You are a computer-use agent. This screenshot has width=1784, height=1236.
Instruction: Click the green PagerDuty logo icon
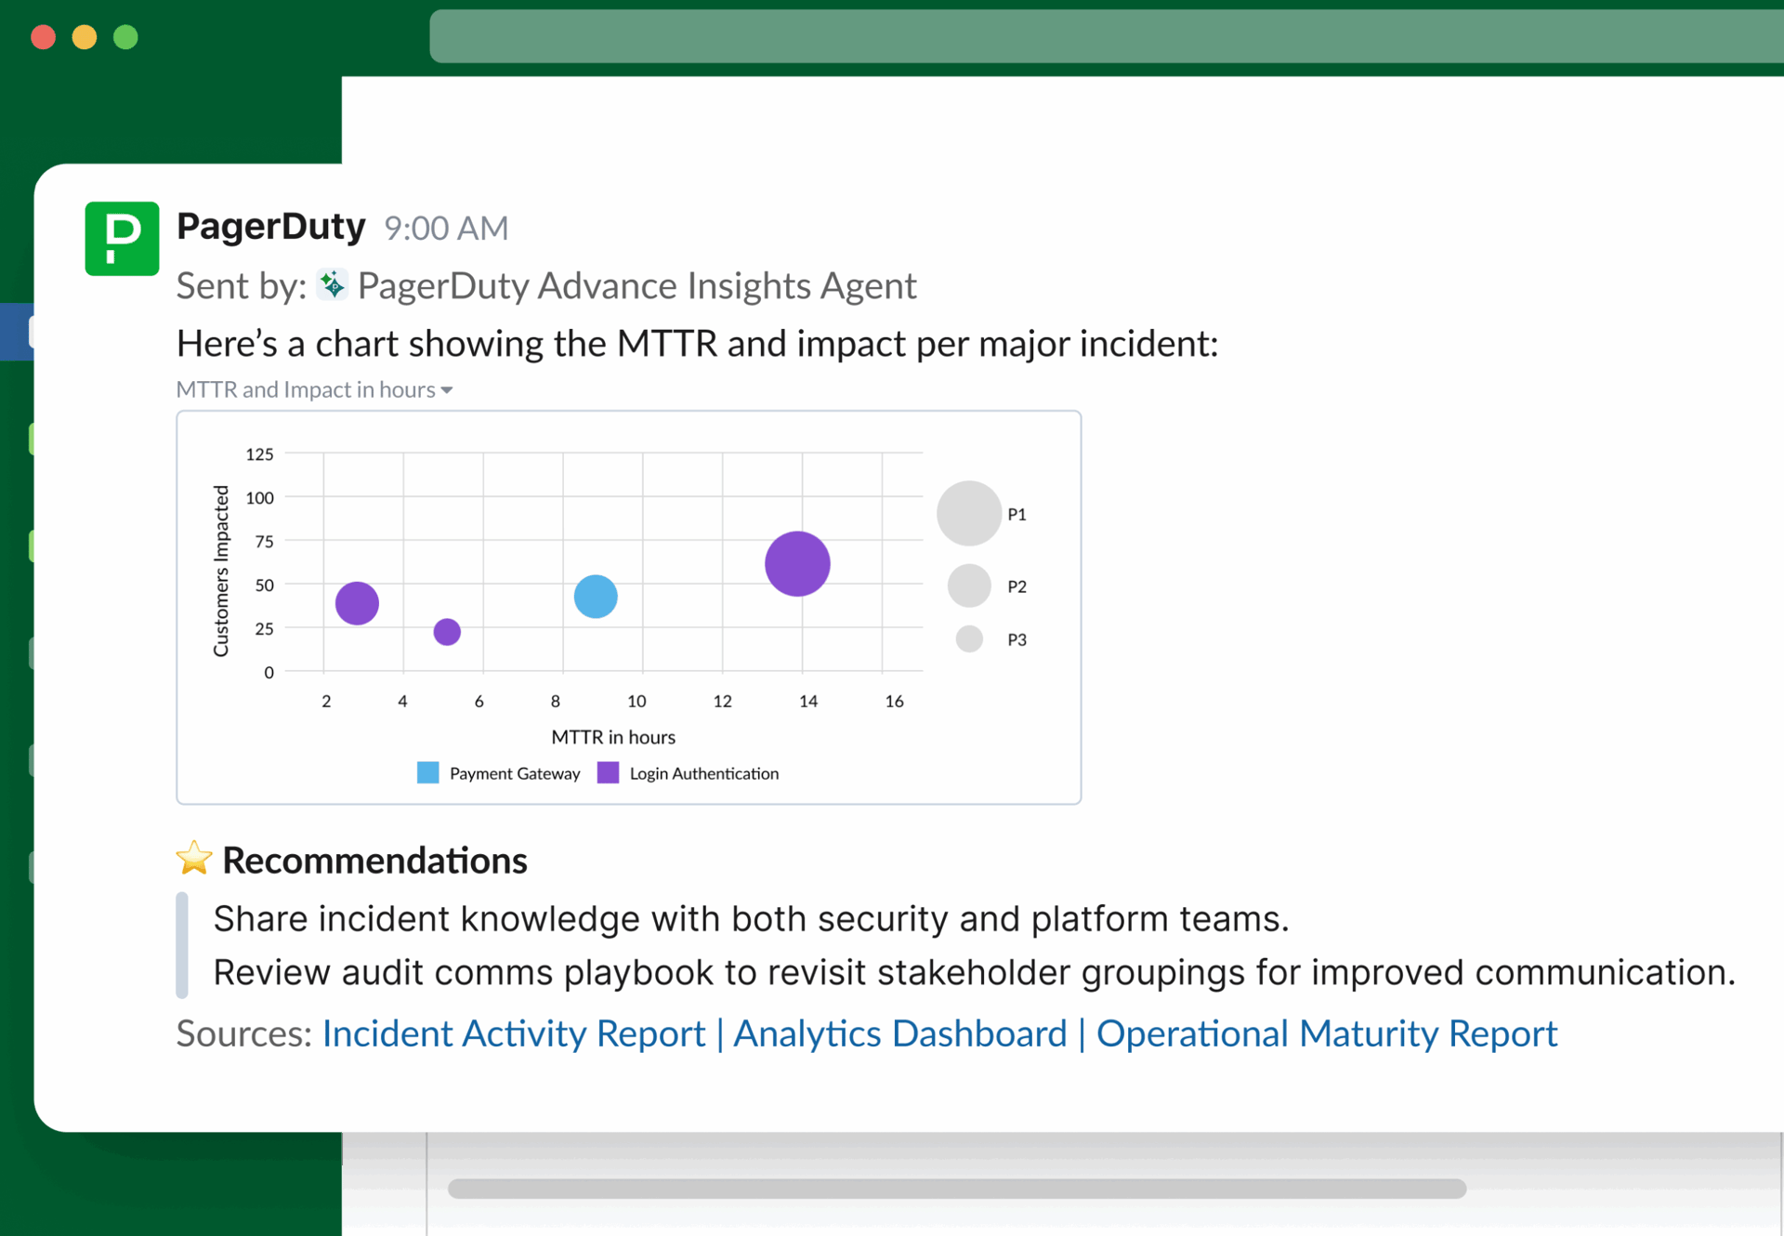(122, 238)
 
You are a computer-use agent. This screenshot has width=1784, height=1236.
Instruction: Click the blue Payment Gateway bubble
(596, 596)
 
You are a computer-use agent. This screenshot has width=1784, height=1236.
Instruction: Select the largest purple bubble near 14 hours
(797, 563)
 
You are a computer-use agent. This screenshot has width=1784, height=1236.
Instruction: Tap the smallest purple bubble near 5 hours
(447, 632)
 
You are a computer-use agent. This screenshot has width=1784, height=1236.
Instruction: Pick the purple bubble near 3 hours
(357, 603)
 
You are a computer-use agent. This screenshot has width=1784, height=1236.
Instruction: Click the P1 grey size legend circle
(968, 513)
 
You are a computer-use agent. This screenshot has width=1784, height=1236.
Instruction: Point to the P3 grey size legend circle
(969, 638)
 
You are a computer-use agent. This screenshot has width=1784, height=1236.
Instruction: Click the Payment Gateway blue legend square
(427, 772)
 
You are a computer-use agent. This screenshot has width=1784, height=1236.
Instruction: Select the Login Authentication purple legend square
(608, 772)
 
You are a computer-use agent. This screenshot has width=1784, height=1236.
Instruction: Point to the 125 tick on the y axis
(259, 454)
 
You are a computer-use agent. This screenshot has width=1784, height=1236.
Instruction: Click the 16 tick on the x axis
(894, 701)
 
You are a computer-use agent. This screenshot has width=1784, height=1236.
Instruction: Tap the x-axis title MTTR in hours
(613, 737)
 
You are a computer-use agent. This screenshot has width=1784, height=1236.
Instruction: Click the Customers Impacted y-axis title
(221, 571)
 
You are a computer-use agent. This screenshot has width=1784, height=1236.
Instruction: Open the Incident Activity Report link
(514, 1033)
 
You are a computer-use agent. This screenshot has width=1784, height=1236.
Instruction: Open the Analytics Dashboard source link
(899, 1033)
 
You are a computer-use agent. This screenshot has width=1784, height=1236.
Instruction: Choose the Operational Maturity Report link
(1326, 1033)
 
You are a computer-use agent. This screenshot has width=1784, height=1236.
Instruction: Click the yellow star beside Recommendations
(194, 859)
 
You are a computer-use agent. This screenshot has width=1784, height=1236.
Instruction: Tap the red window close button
(44, 37)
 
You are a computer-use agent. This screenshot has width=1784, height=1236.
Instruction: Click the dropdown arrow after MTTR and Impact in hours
(447, 390)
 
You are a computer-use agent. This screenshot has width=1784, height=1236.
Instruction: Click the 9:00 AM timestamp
(446, 228)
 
